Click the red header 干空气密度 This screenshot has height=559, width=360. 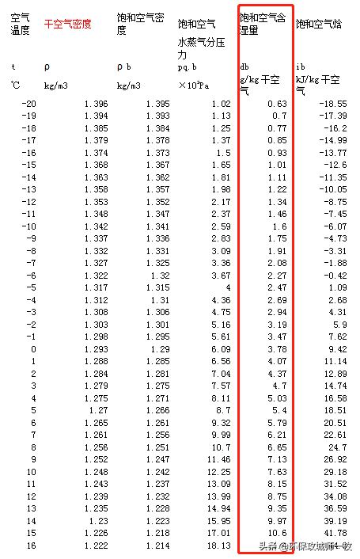pyautogui.click(x=67, y=24)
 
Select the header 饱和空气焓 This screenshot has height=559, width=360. pyautogui.click(x=319, y=25)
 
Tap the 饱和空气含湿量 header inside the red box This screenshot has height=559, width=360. pyautogui.click(x=265, y=23)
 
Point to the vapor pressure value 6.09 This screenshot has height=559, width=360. pyautogui.click(x=221, y=348)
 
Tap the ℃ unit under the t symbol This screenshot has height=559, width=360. pyautogui.click(x=15, y=84)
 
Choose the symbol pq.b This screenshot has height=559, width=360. pyautogui.click(x=188, y=67)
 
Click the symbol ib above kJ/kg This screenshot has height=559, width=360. pyautogui.click(x=300, y=67)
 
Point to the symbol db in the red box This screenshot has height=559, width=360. pyautogui.click(x=245, y=67)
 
